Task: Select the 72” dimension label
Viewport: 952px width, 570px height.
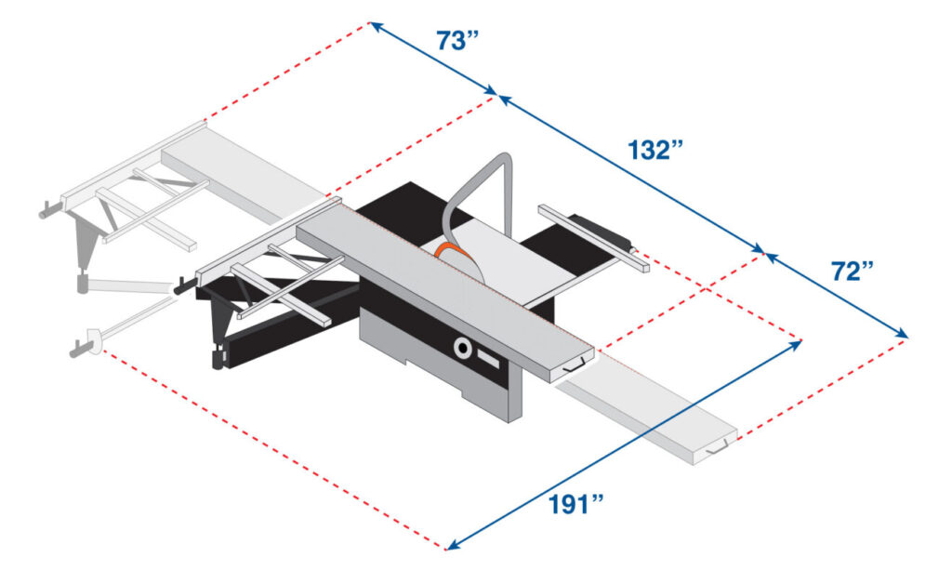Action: pyautogui.click(x=853, y=272)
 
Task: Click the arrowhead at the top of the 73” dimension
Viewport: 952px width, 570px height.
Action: pyautogui.click(x=373, y=24)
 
